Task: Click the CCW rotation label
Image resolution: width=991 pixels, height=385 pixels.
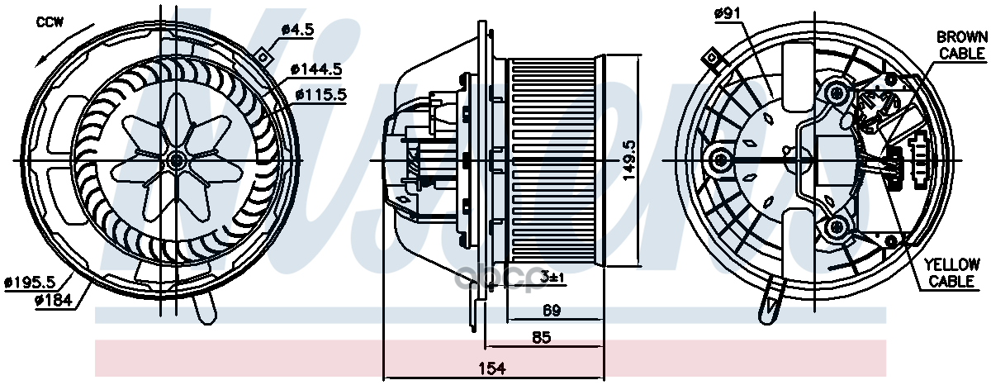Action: click(x=49, y=22)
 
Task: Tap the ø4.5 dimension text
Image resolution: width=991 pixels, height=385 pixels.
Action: click(x=298, y=29)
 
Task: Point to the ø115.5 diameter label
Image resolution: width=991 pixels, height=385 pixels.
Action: click(x=319, y=94)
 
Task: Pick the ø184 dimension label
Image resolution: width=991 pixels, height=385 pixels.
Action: click(x=54, y=301)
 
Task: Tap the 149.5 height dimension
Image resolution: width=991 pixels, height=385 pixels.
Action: click(x=630, y=159)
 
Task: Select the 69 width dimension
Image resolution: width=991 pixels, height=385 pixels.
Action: click(x=552, y=311)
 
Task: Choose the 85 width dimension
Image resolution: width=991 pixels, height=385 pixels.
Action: click(x=542, y=337)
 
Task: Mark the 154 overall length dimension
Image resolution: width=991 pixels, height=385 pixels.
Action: click(x=493, y=368)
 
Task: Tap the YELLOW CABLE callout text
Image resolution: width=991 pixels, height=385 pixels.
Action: click(x=951, y=273)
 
